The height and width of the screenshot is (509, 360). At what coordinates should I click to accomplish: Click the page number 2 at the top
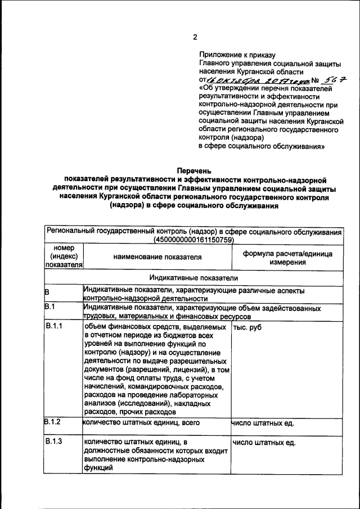195,38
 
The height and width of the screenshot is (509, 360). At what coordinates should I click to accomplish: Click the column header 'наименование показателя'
157,257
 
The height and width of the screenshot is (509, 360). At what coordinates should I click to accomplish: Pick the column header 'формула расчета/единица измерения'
287,258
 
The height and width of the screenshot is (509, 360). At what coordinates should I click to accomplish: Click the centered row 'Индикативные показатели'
194,277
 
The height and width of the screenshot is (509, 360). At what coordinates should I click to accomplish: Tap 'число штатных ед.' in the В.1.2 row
263,423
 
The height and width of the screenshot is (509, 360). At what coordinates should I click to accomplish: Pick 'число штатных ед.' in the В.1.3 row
264,443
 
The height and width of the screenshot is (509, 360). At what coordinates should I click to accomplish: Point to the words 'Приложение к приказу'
237,55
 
